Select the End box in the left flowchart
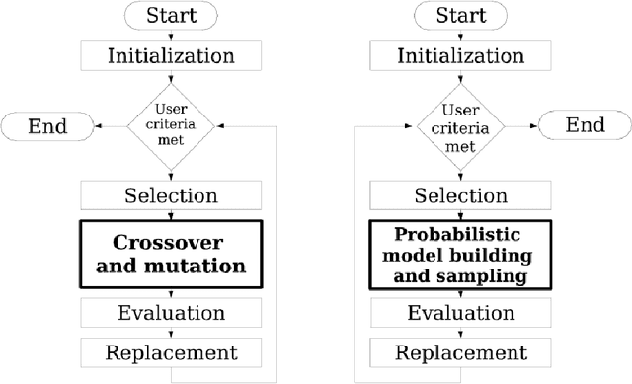pos(48,126)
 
